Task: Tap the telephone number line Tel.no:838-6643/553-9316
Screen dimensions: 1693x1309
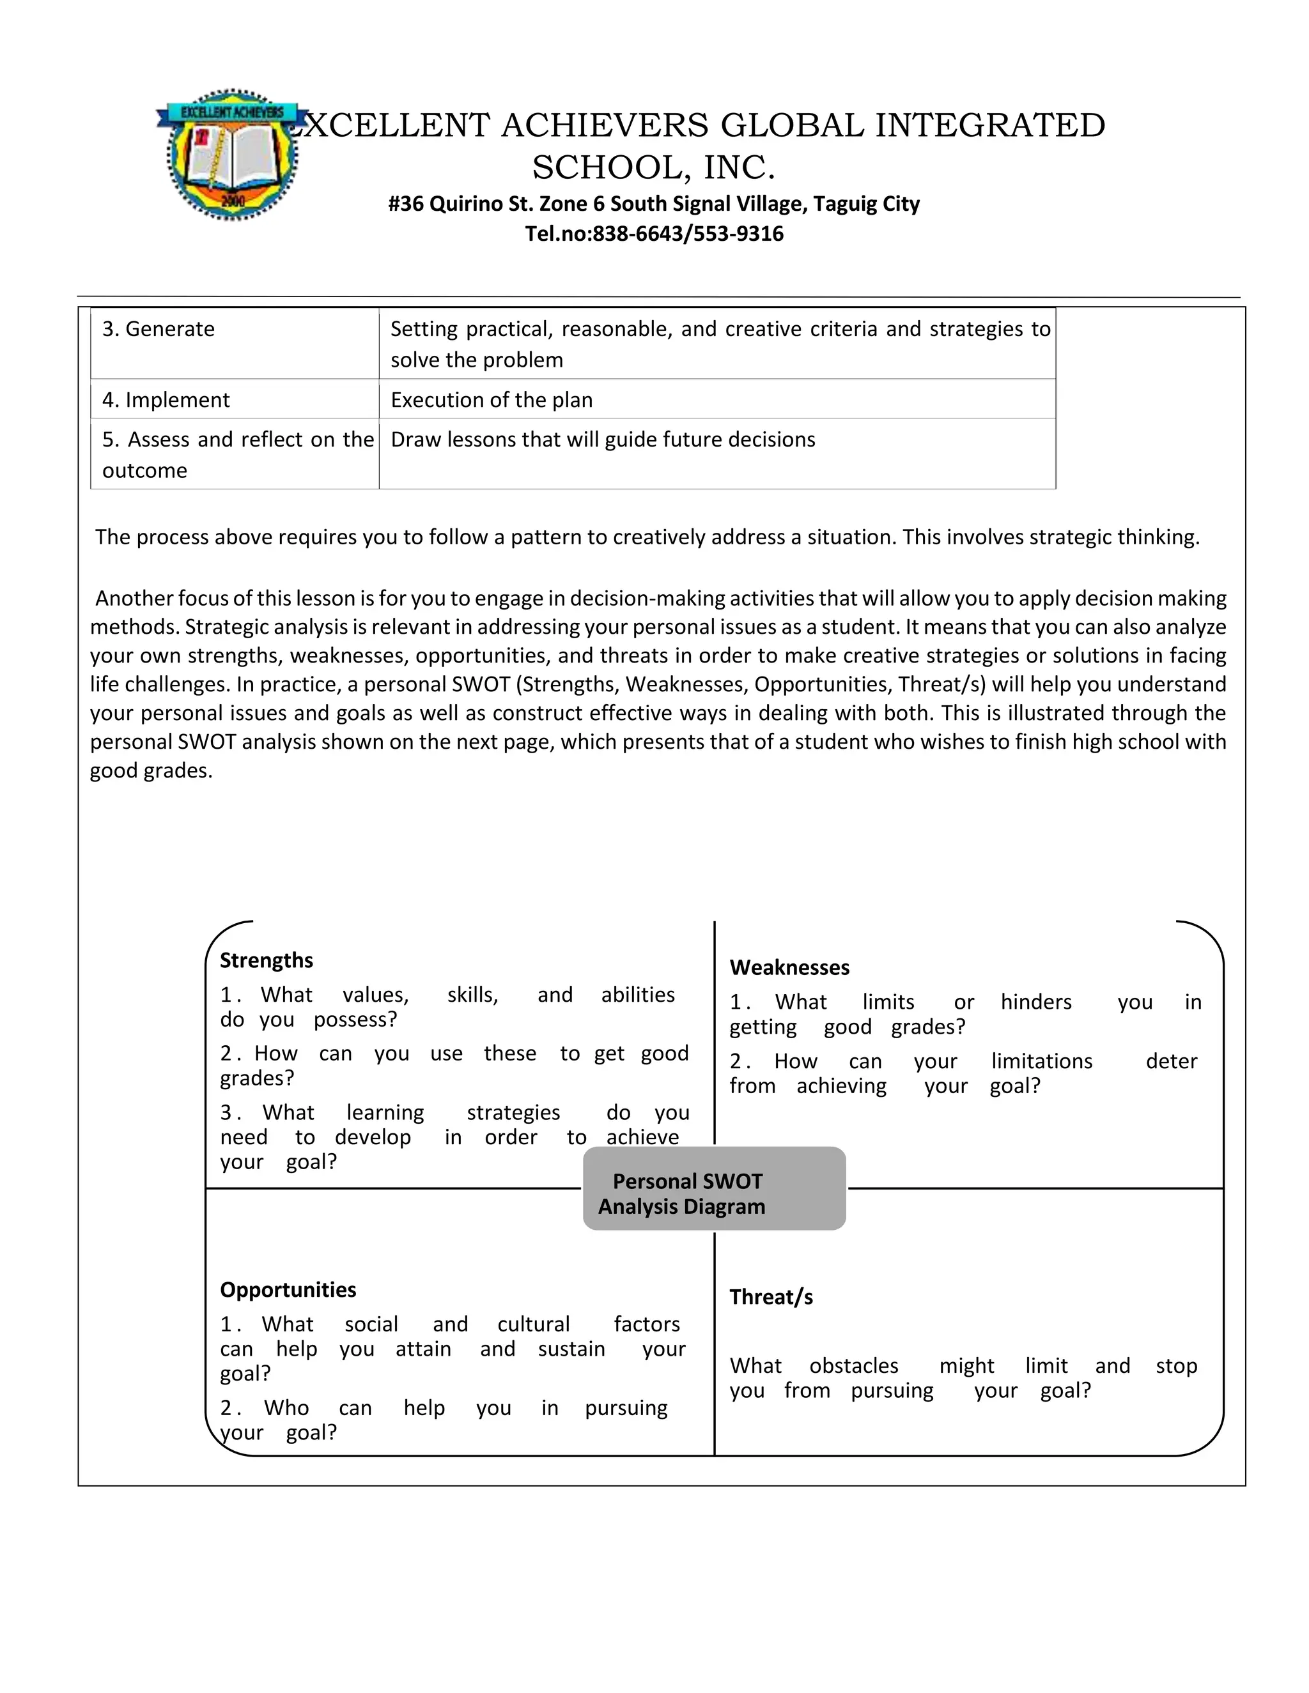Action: coord(654,233)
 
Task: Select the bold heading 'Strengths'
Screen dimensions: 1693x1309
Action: coord(266,960)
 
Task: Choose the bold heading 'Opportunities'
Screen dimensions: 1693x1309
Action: coord(288,1289)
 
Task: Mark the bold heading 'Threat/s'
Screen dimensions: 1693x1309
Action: coord(771,1297)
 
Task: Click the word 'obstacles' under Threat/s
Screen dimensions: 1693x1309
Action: coord(853,1365)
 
